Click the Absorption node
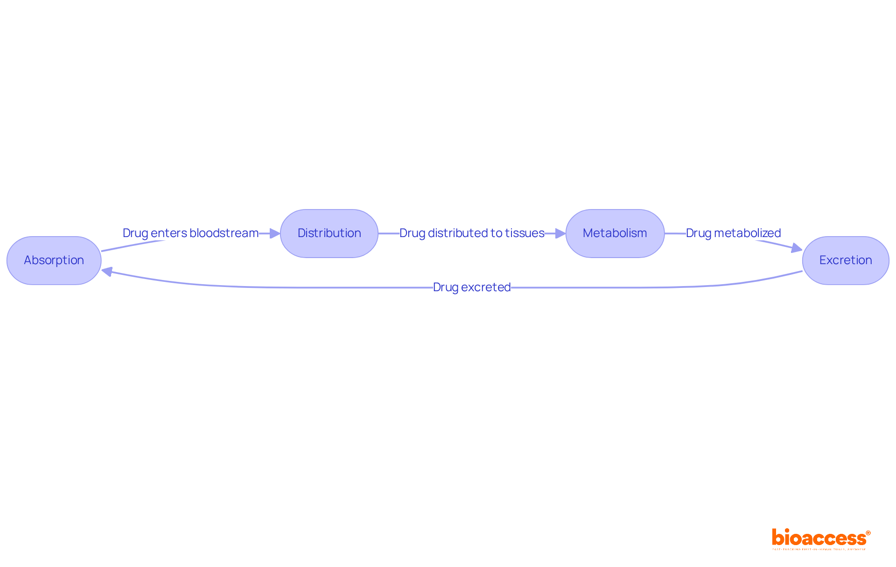(54, 260)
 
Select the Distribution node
(329, 233)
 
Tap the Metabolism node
(615, 233)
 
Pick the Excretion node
(846, 260)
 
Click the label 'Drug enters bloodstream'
(190, 233)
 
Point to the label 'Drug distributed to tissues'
(472, 233)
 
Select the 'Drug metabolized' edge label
(733, 233)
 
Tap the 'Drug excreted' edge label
(472, 287)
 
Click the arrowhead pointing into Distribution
(275, 233)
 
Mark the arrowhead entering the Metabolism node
(560, 233)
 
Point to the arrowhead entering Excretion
(797, 248)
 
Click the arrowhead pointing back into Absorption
(107, 271)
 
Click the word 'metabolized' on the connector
(747, 233)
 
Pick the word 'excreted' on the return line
(486, 287)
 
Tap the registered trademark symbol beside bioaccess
(868, 533)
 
